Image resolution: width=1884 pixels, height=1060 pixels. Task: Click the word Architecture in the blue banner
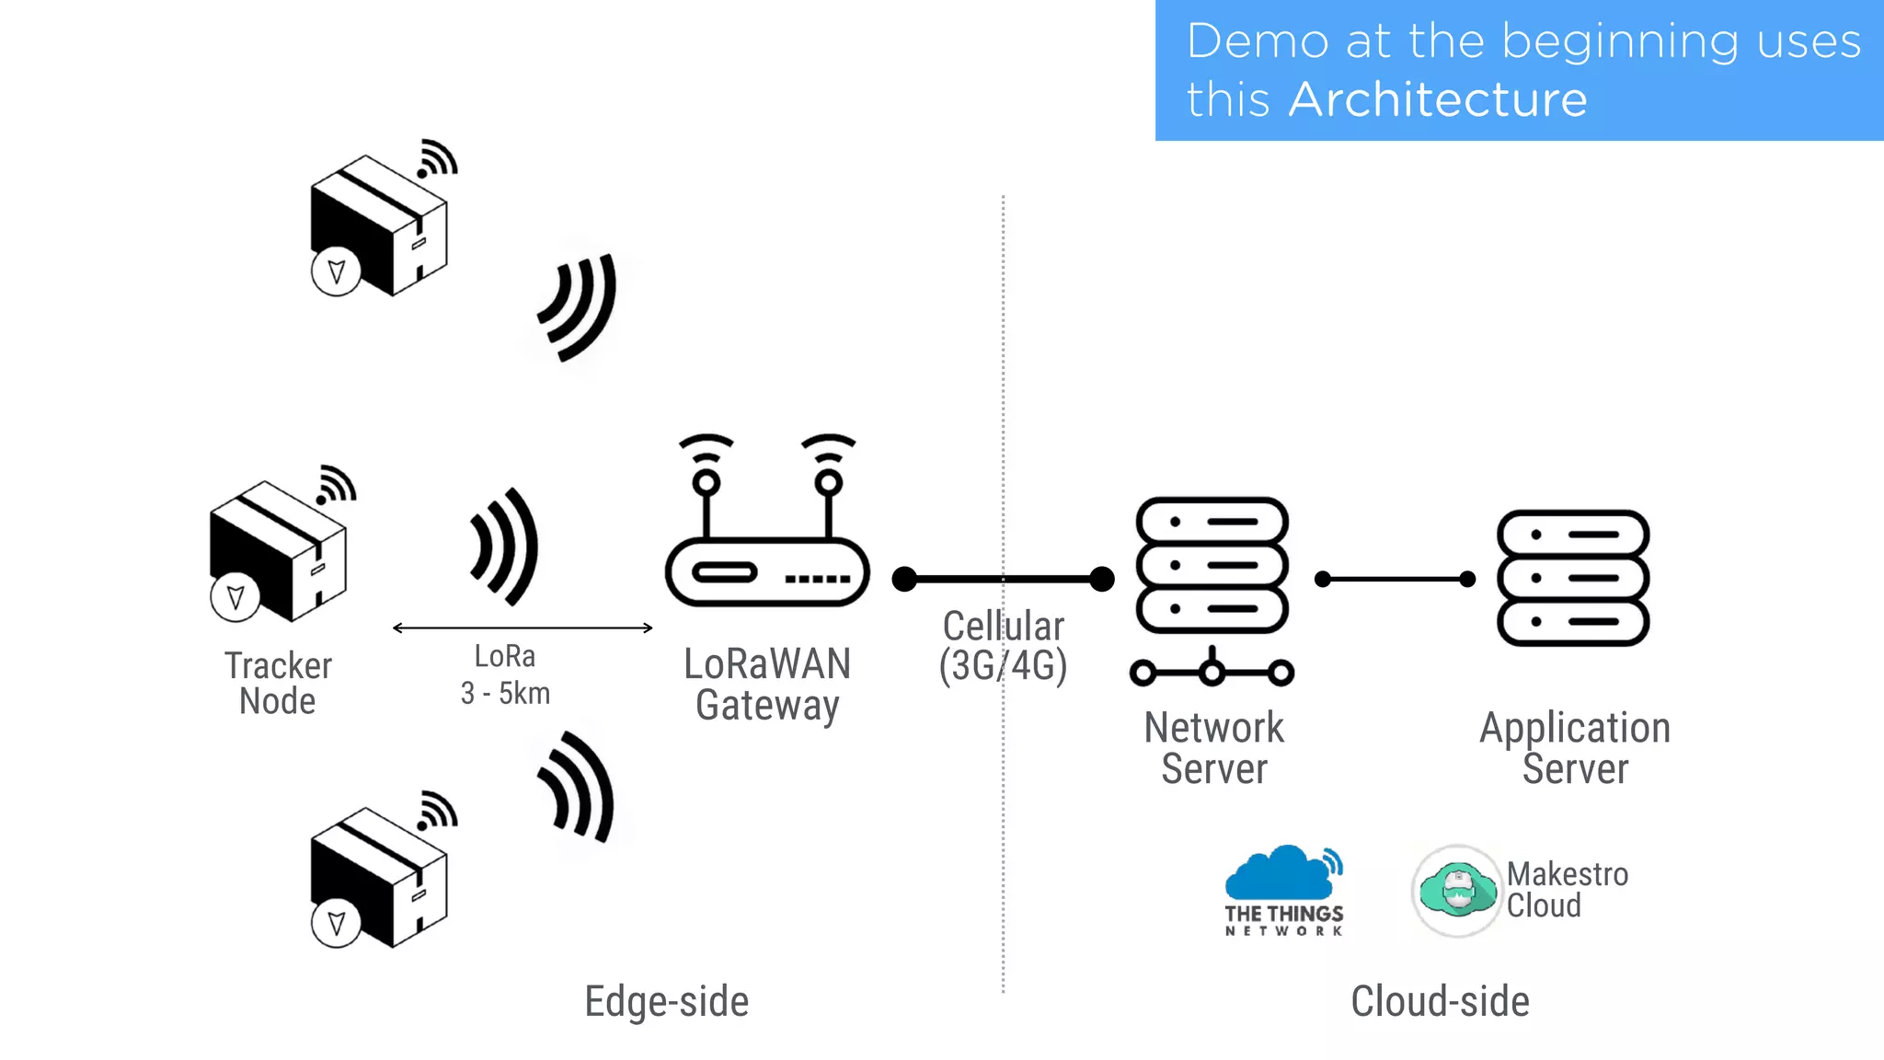pyautogui.click(x=1437, y=99)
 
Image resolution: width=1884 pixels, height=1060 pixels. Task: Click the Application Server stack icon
pyautogui.click(x=1572, y=578)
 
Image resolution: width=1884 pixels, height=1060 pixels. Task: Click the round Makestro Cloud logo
pyautogui.click(x=1456, y=891)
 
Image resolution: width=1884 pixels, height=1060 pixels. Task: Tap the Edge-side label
pyautogui.click(x=666, y=1001)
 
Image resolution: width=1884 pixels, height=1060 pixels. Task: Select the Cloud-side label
pyautogui.click(x=1440, y=1001)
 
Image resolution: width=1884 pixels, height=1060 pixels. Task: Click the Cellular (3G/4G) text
pyautogui.click(x=1003, y=646)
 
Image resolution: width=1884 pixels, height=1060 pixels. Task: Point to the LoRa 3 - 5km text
pyautogui.click(x=505, y=674)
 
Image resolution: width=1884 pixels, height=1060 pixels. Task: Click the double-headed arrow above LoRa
pyautogui.click(x=523, y=628)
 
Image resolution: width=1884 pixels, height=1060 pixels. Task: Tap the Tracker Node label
pyautogui.click(x=278, y=683)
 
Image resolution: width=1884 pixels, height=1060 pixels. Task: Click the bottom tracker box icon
pyautogui.click(x=379, y=877)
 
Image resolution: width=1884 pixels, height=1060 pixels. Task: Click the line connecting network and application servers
pyautogui.click(x=1395, y=579)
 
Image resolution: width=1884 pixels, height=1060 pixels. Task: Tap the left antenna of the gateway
pyautogui.click(x=706, y=488)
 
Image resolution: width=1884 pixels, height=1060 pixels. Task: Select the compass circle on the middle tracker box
pyautogui.click(x=235, y=596)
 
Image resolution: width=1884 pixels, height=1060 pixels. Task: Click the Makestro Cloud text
pyautogui.click(x=1567, y=890)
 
